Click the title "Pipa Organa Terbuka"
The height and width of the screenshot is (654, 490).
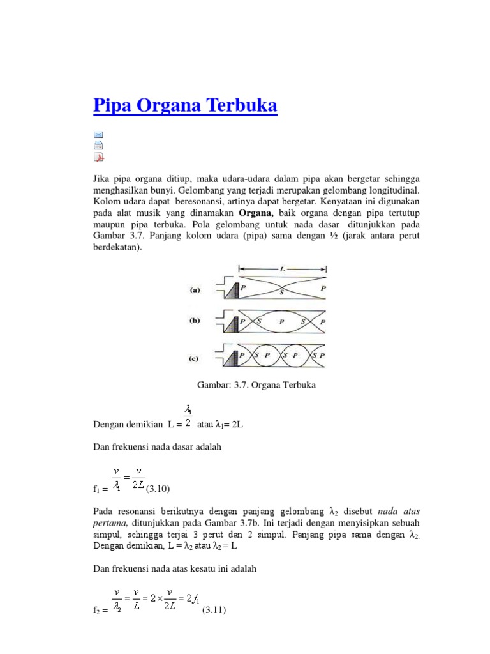[x=185, y=105]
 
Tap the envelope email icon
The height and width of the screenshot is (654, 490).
[x=98, y=135]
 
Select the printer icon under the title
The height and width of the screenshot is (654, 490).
[x=98, y=146]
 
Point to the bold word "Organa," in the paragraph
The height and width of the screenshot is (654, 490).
[x=258, y=212]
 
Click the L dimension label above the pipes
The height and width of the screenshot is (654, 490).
[x=283, y=270]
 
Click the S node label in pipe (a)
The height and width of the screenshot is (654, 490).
[x=282, y=292]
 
